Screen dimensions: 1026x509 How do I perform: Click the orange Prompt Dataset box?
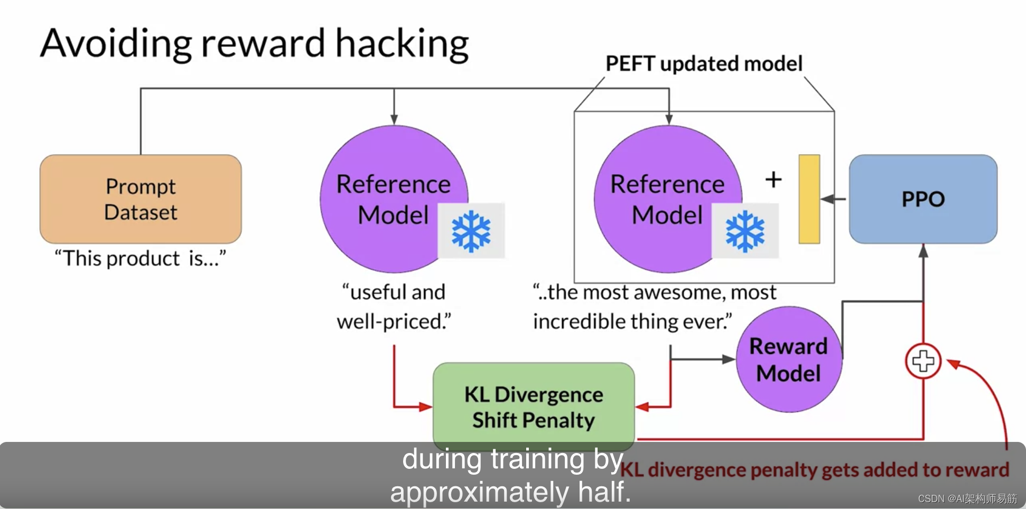coord(141,199)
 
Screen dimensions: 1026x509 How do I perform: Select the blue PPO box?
coord(923,199)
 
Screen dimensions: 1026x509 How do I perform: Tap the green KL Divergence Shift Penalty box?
coord(534,407)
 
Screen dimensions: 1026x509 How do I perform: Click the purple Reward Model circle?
coord(788,360)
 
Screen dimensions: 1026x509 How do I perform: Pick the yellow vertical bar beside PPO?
coord(809,199)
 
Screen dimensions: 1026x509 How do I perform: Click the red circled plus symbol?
coord(923,361)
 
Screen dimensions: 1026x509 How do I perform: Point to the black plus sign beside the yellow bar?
coord(773,180)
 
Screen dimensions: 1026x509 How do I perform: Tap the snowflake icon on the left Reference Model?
coord(471,231)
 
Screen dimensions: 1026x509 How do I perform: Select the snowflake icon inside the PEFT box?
coord(745,231)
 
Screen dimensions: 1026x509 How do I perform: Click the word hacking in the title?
coord(402,44)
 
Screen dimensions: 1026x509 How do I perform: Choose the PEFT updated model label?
coord(704,64)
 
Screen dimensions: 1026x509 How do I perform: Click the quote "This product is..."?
coord(141,259)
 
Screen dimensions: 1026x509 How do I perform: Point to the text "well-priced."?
coord(394,321)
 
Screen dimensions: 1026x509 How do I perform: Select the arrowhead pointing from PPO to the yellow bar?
coord(828,199)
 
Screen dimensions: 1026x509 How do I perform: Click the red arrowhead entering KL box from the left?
coord(426,407)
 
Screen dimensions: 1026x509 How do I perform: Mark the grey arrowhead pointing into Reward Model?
coord(729,360)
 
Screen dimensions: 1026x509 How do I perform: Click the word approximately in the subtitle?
coord(479,492)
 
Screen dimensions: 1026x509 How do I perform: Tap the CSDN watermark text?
coord(967,498)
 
